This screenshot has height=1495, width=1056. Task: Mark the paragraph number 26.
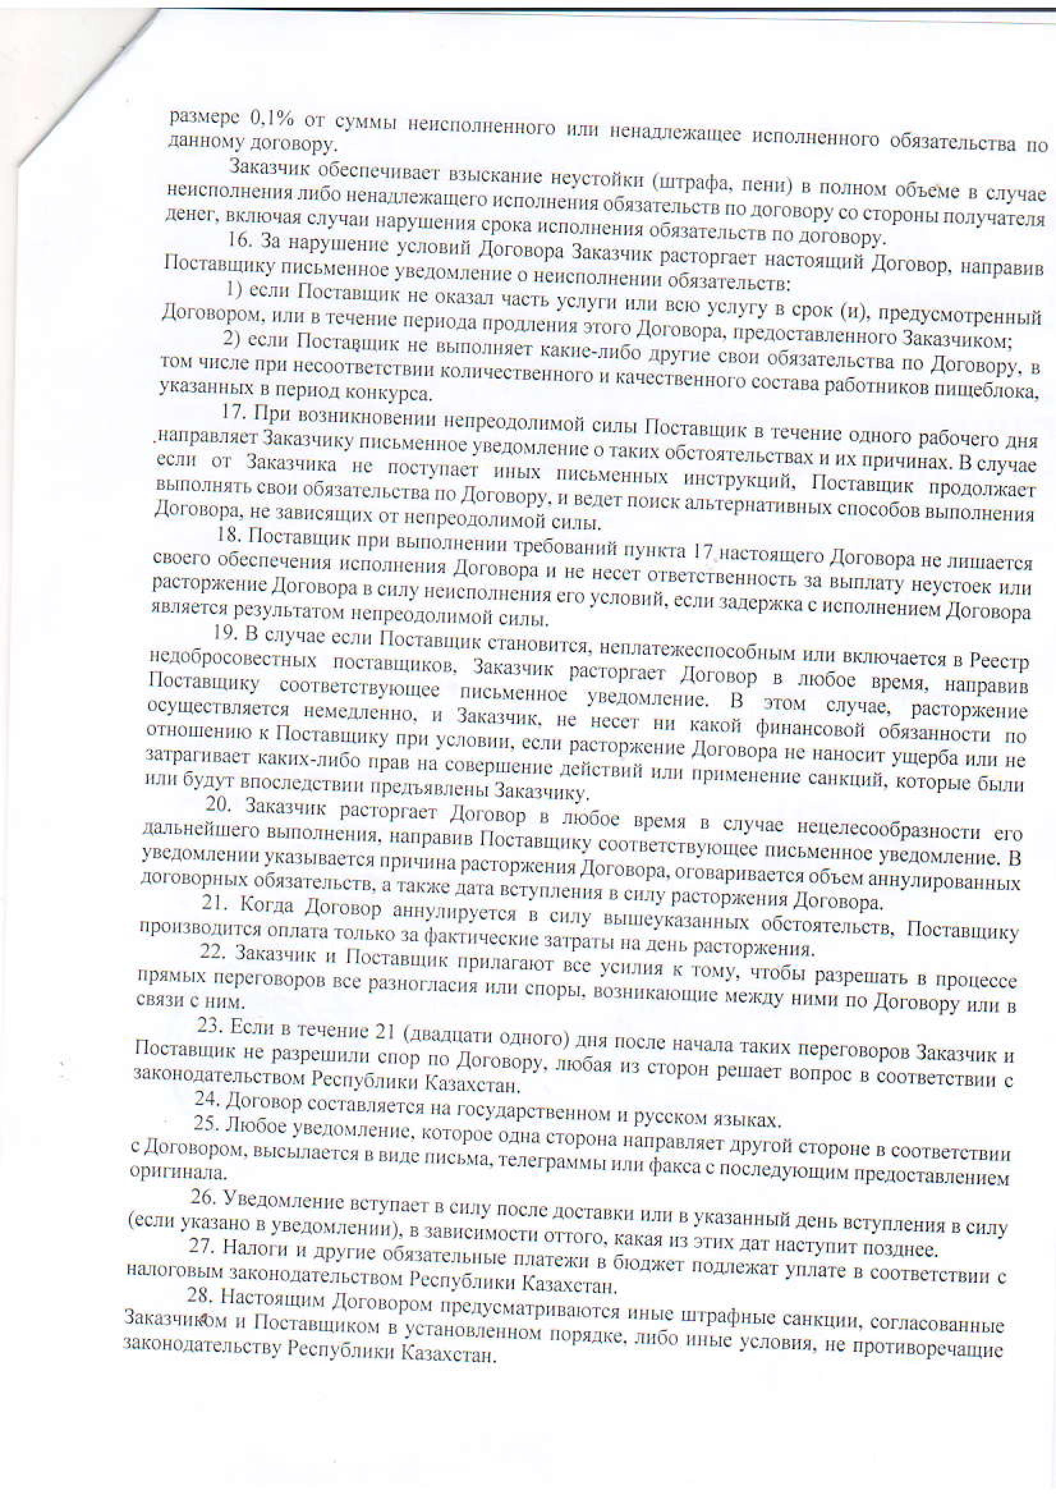[201, 1198]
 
